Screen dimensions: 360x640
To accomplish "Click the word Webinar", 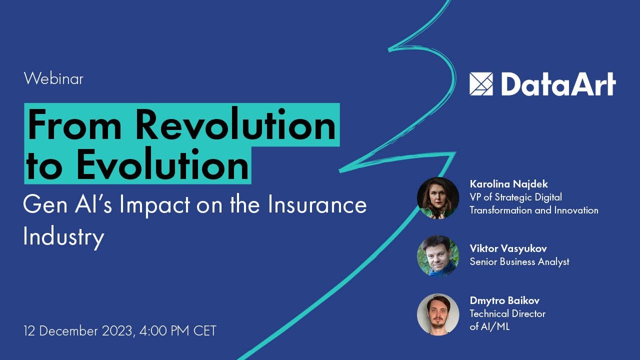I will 53,78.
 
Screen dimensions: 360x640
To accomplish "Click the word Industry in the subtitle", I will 63,236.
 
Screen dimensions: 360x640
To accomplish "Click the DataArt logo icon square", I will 481,84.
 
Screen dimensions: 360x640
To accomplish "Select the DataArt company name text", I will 558,84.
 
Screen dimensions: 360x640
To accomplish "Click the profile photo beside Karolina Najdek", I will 438,198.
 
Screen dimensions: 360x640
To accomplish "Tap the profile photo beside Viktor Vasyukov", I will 438,256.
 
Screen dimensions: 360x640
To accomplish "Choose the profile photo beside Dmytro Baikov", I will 438,314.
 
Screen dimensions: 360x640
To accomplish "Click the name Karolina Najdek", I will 509,184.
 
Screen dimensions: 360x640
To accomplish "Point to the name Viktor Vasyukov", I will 508,248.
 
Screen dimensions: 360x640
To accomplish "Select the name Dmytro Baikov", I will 504,300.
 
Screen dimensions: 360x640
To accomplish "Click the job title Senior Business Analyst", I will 519,261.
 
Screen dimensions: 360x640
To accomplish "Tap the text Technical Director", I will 507,313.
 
